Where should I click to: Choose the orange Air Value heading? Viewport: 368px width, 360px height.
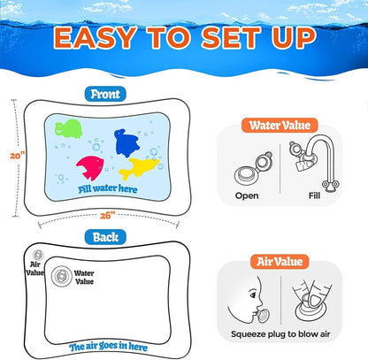[x=293, y=263]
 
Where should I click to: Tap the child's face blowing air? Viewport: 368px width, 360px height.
[x=249, y=300]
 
